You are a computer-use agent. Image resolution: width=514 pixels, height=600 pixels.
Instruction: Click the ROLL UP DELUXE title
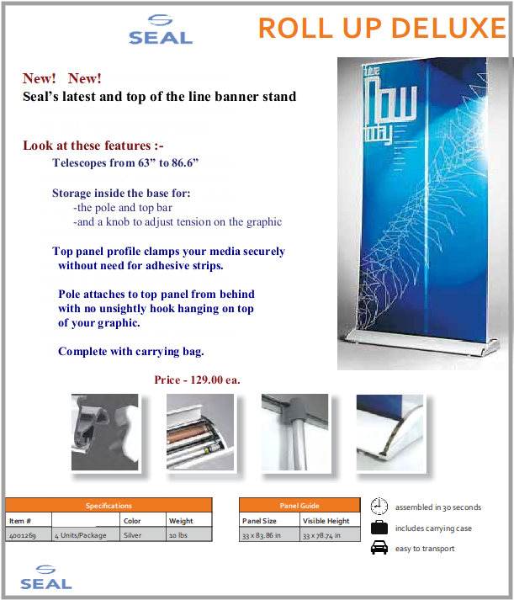pos(382,28)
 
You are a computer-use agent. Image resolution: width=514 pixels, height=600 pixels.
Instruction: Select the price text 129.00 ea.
pos(197,380)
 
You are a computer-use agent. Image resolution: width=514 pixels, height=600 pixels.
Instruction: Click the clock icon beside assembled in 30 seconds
pos(379,507)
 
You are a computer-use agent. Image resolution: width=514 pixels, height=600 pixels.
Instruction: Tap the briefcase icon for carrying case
pos(379,528)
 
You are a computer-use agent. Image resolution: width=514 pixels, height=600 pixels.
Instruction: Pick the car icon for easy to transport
pos(379,549)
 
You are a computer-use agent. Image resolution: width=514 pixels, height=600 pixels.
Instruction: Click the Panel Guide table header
pos(299,506)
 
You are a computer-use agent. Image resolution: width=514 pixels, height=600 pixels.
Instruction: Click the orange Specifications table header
pos(109,506)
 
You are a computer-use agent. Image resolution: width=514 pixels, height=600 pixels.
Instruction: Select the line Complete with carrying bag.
pos(131,351)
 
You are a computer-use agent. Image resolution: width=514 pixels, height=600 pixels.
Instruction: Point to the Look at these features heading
pos(93,146)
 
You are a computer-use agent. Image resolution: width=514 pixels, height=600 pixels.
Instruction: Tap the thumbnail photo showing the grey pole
pos(294,432)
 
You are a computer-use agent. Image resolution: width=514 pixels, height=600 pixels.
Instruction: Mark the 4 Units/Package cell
pos(81,535)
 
